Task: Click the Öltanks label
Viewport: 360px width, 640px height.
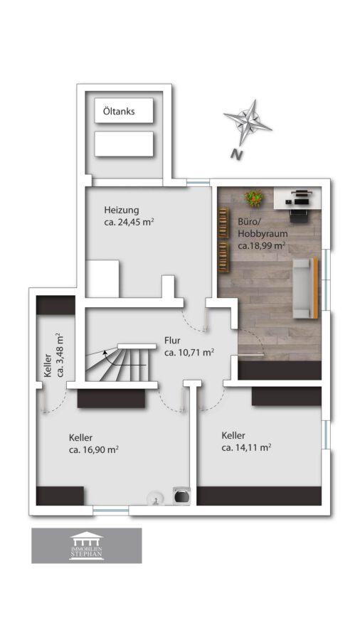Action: [x=119, y=111]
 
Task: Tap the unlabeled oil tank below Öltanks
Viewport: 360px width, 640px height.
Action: [x=124, y=144]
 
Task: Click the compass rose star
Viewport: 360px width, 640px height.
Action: [x=248, y=122]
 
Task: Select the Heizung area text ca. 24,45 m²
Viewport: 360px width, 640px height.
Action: [x=129, y=223]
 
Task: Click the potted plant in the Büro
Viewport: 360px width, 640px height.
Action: [x=254, y=198]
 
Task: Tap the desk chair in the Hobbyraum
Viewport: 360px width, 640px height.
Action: [x=298, y=215]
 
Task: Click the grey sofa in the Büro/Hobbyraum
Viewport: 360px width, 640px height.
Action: [x=305, y=288]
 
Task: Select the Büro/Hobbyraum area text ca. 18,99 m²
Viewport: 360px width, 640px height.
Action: [x=261, y=245]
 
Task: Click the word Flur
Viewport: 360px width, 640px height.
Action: [x=172, y=341]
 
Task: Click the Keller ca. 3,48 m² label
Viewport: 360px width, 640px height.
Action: [x=53, y=354]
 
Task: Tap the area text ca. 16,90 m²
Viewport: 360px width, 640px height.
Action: [x=94, y=450]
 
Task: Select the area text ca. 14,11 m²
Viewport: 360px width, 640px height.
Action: [x=247, y=447]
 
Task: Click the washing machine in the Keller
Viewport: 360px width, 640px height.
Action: [x=181, y=496]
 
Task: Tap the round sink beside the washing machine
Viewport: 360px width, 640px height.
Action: [x=156, y=498]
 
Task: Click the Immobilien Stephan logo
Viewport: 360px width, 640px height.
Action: [x=87, y=545]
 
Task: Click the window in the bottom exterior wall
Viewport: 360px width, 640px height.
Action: [x=110, y=510]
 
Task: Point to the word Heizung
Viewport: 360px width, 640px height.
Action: [x=121, y=210]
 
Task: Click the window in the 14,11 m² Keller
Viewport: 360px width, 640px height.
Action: [x=326, y=434]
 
